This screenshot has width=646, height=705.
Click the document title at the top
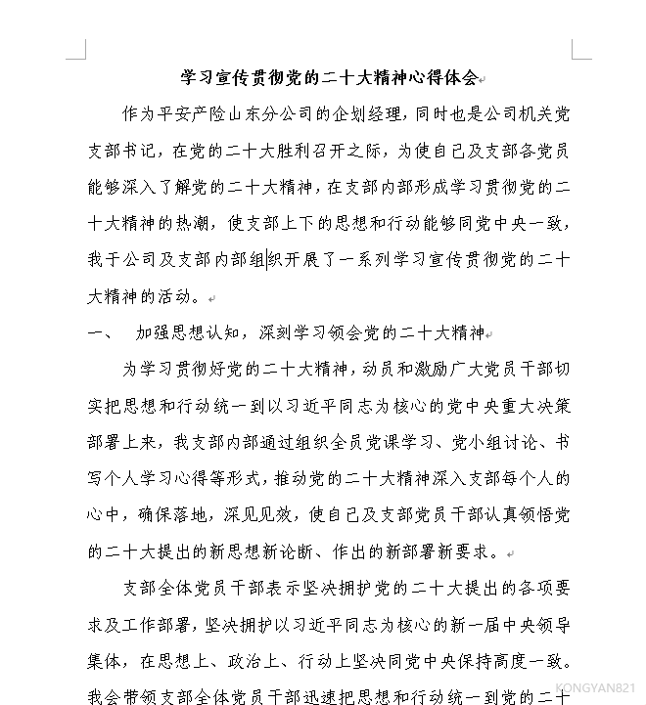click(x=329, y=77)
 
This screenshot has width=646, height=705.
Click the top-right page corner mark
click(x=579, y=50)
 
